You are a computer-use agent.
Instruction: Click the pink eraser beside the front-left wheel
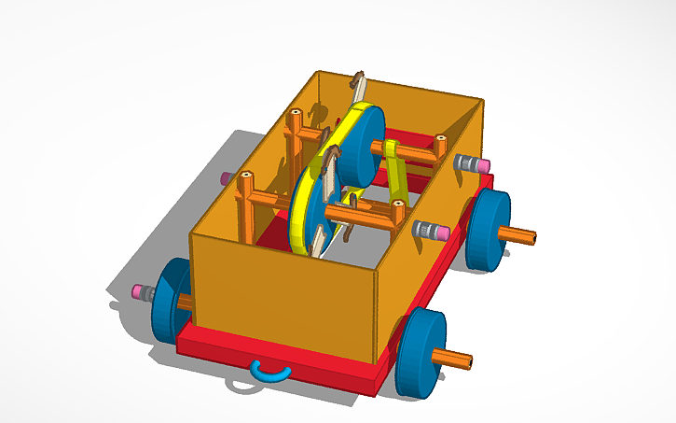coord(143,292)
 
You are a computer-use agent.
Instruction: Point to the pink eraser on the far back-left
coord(225,177)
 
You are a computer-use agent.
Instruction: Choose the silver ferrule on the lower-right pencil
coord(428,230)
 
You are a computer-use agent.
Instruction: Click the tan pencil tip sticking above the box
coord(358,81)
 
